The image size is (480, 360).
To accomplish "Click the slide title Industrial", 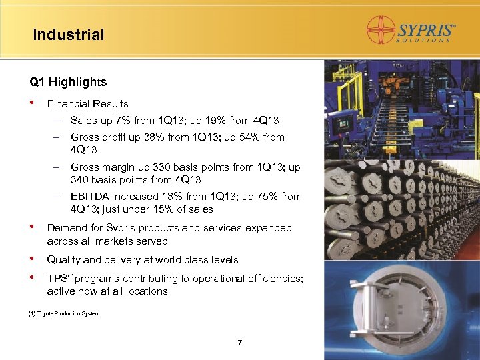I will [x=69, y=35].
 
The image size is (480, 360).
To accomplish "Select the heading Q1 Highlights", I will [x=68, y=82].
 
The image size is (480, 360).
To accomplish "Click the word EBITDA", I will [x=89, y=196].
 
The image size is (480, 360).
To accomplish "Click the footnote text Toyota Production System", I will [x=73, y=313].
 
